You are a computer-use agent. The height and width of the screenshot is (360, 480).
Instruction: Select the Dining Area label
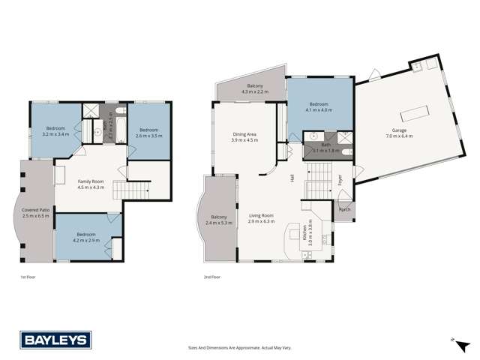click(244, 136)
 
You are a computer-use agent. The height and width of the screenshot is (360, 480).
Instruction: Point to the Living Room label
click(262, 218)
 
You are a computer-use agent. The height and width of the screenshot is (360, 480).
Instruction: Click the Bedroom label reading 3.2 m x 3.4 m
click(56, 130)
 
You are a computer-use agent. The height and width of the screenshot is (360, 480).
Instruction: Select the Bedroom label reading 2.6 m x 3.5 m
click(148, 133)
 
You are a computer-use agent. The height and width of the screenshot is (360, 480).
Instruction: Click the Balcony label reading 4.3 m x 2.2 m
click(253, 88)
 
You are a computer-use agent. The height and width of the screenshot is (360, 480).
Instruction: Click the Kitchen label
click(307, 232)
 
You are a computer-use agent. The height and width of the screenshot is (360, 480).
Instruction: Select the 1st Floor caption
click(28, 277)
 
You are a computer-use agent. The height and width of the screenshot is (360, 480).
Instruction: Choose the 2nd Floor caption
click(211, 277)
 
